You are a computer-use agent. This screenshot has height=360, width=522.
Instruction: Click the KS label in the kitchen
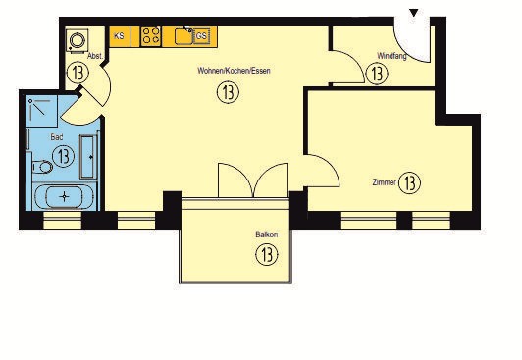coord(119,36)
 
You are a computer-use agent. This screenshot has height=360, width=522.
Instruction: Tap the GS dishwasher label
coord(201,35)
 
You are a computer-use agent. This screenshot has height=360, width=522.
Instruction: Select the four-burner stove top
coord(150,36)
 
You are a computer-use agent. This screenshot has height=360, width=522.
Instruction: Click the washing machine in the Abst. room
coord(78,41)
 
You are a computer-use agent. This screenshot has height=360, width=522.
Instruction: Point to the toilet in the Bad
coord(42,167)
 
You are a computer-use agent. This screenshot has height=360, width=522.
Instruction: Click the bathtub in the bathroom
coord(64,197)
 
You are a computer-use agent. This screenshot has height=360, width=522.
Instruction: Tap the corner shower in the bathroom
coord(41,111)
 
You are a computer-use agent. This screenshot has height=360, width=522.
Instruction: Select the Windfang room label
coord(391,56)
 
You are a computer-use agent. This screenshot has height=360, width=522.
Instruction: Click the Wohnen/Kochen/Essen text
coord(234,71)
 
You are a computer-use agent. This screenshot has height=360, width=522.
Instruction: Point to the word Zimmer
coord(385,182)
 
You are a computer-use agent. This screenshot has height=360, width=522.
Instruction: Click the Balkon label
coord(267,234)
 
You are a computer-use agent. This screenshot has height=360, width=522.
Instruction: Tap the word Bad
coord(57,136)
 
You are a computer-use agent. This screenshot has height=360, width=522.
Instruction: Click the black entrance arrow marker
coord(414,13)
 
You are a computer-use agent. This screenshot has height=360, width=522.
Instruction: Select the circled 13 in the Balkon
coord(267,255)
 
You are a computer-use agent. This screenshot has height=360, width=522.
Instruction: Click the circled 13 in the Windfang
coord(377,74)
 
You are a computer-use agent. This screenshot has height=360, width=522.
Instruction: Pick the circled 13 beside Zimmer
coord(409,182)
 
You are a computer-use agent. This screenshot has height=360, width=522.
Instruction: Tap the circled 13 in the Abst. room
coord(78,73)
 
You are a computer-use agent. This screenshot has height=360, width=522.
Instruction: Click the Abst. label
coord(95,56)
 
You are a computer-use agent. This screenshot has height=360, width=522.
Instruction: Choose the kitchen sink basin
coord(183,36)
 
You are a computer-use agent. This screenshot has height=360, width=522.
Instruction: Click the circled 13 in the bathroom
coord(63,156)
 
